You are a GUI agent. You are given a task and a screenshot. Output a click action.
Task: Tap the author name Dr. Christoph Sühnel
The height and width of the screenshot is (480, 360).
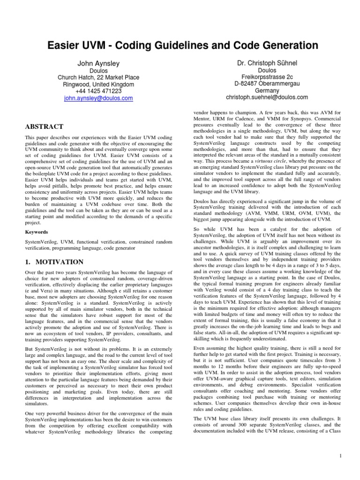pyautogui.click(x=267, y=62)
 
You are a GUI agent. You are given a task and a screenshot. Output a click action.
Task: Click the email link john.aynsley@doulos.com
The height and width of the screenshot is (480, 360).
pyautogui.click(x=98, y=98)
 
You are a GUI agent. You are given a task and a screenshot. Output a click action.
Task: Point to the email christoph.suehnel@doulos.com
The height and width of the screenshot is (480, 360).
pyautogui.click(x=267, y=97)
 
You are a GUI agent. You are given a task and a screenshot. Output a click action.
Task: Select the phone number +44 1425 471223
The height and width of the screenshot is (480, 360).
pyautogui.click(x=98, y=91)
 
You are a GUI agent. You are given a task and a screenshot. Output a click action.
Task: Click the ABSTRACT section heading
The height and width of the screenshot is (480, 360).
pyautogui.click(x=45, y=127)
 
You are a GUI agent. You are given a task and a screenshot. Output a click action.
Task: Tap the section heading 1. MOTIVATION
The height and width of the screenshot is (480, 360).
pyautogui.click(x=54, y=262)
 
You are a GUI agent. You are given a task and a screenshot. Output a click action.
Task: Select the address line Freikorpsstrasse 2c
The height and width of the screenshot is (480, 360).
pyautogui.click(x=267, y=76)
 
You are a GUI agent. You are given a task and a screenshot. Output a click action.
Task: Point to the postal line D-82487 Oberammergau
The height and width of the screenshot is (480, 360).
pyautogui.click(x=267, y=83)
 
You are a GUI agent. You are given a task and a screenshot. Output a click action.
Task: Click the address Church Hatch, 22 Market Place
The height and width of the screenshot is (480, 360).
pyautogui.click(x=98, y=77)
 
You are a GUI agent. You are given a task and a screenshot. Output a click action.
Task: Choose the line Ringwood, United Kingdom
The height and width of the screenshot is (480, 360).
pyautogui.click(x=98, y=84)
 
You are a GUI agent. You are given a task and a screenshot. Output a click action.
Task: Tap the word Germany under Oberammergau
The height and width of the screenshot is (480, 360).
pyautogui.click(x=267, y=90)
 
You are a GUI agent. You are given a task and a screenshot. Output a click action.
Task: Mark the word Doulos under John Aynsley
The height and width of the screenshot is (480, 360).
pyautogui.click(x=98, y=70)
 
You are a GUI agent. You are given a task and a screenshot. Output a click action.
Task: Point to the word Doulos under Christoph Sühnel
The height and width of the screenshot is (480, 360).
pyautogui.click(x=267, y=69)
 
